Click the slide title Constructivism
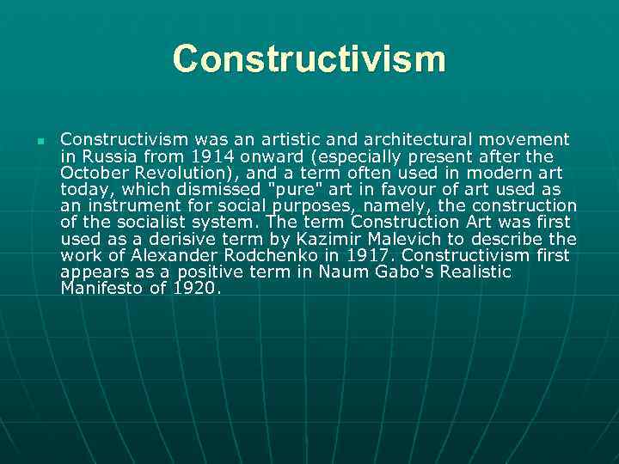[309, 59]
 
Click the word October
[95, 173]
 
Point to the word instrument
[121, 205]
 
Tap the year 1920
[197, 288]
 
